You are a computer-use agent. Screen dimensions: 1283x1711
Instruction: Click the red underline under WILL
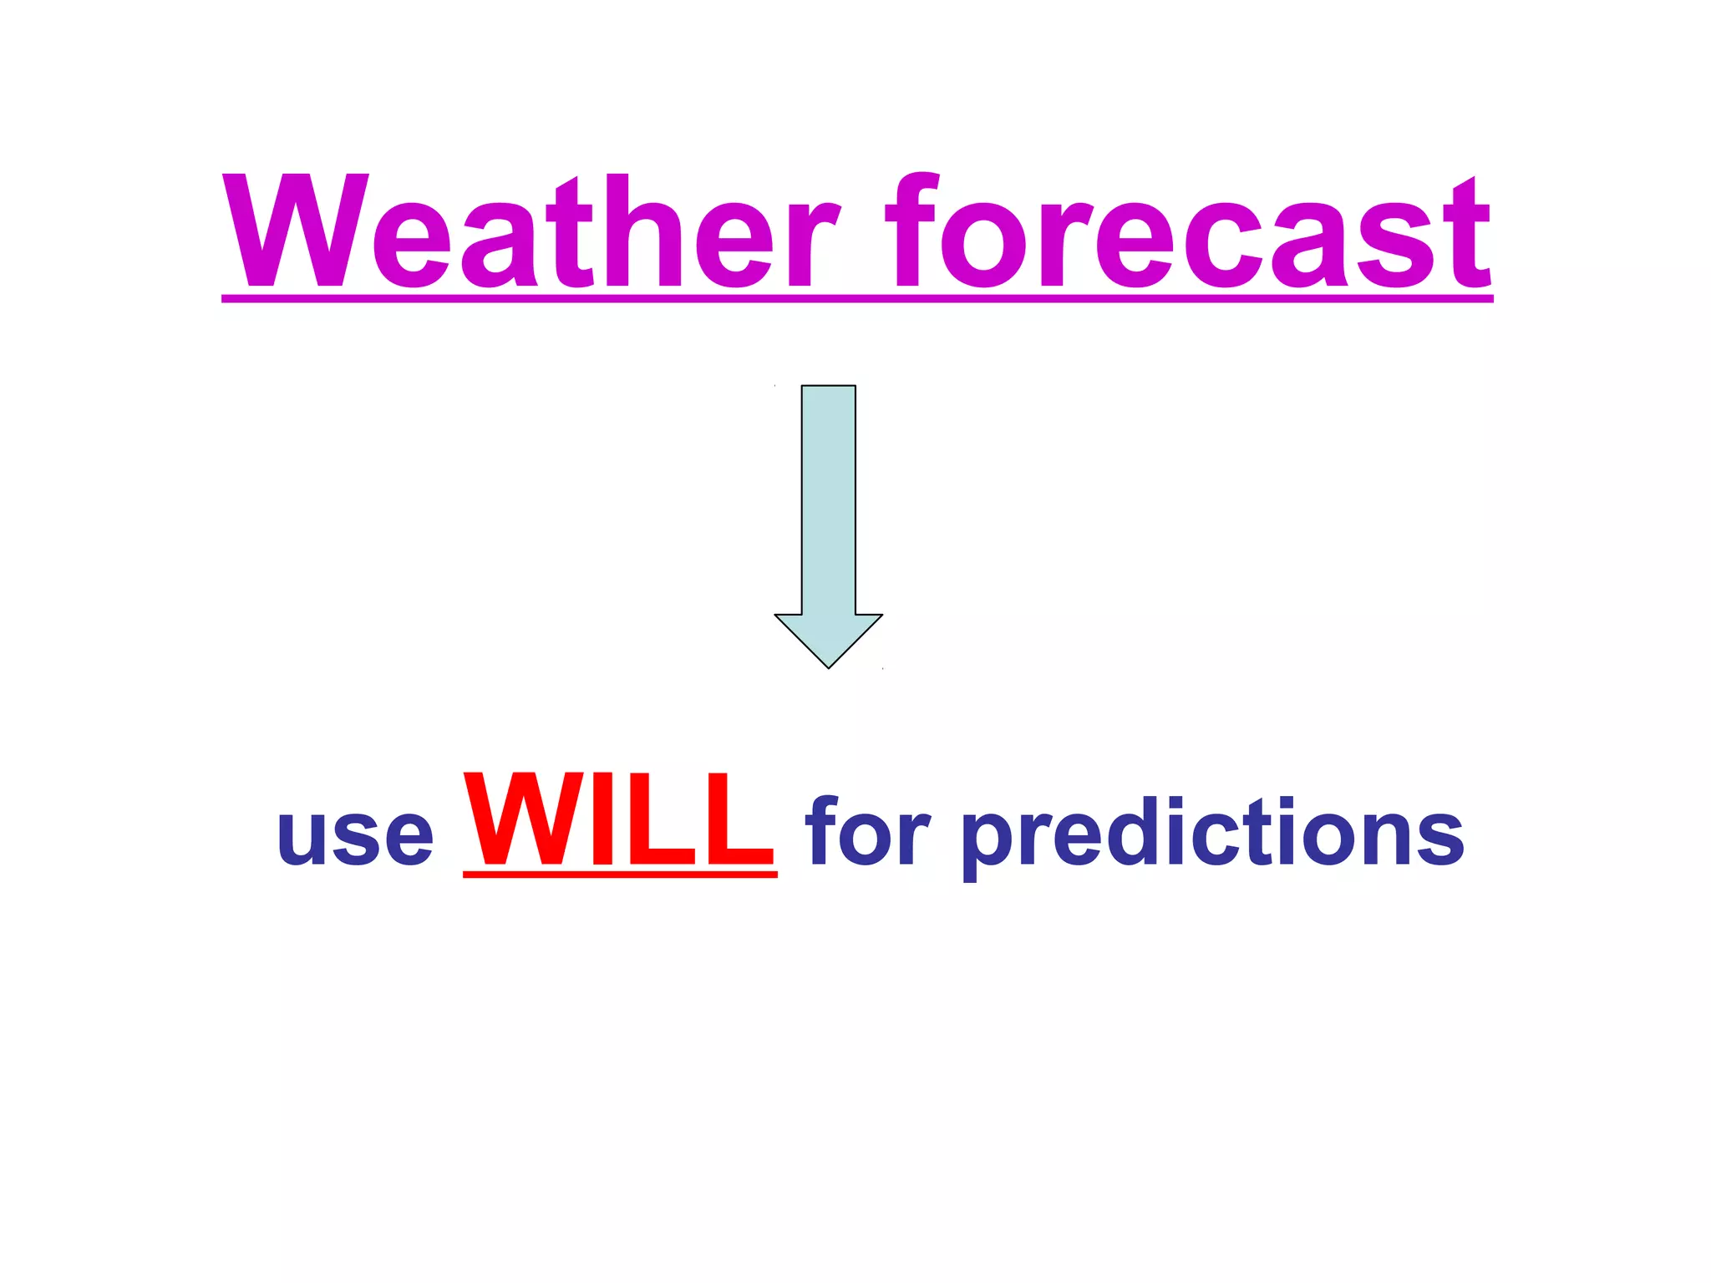tap(619, 874)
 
